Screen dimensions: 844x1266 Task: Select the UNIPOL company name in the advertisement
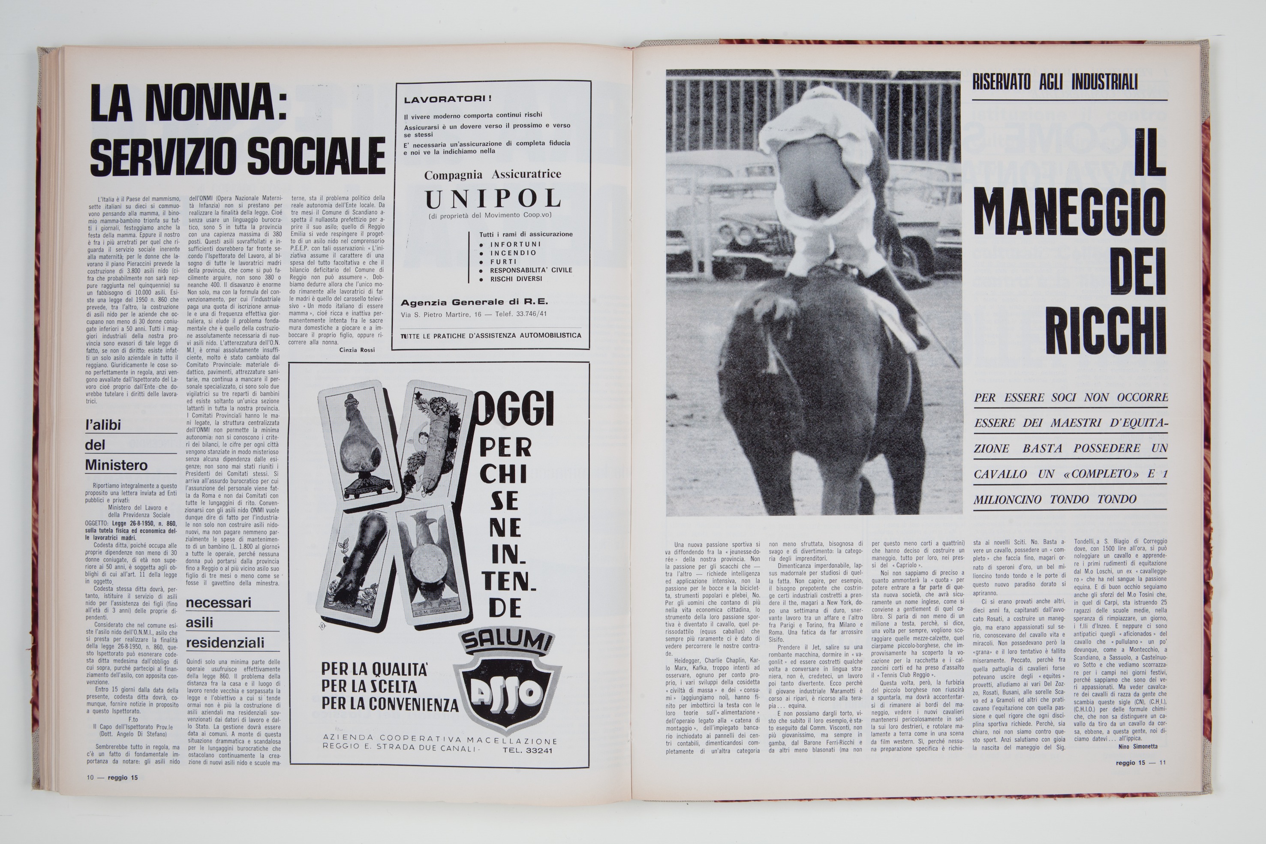pyautogui.click(x=493, y=199)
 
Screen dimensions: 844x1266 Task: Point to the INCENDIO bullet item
pyautogui.click(x=513, y=252)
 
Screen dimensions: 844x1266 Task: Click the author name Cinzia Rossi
pyautogui.click(x=357, y=350)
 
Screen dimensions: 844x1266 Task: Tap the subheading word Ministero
pyautogui.click(x=116, y=465)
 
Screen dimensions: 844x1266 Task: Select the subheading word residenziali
pyautogui.click(x=225, y=643)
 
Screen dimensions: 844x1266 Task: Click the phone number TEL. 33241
pyautogui.click(x=527, y=751)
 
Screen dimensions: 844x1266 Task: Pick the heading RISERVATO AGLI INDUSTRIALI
pyautogui.click(x=1055, y=82)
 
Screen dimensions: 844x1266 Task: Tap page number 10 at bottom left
pyautogui.click(x=90, y=777)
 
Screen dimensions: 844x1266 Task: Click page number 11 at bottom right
pyautogui.click(x=1163, y=762)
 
